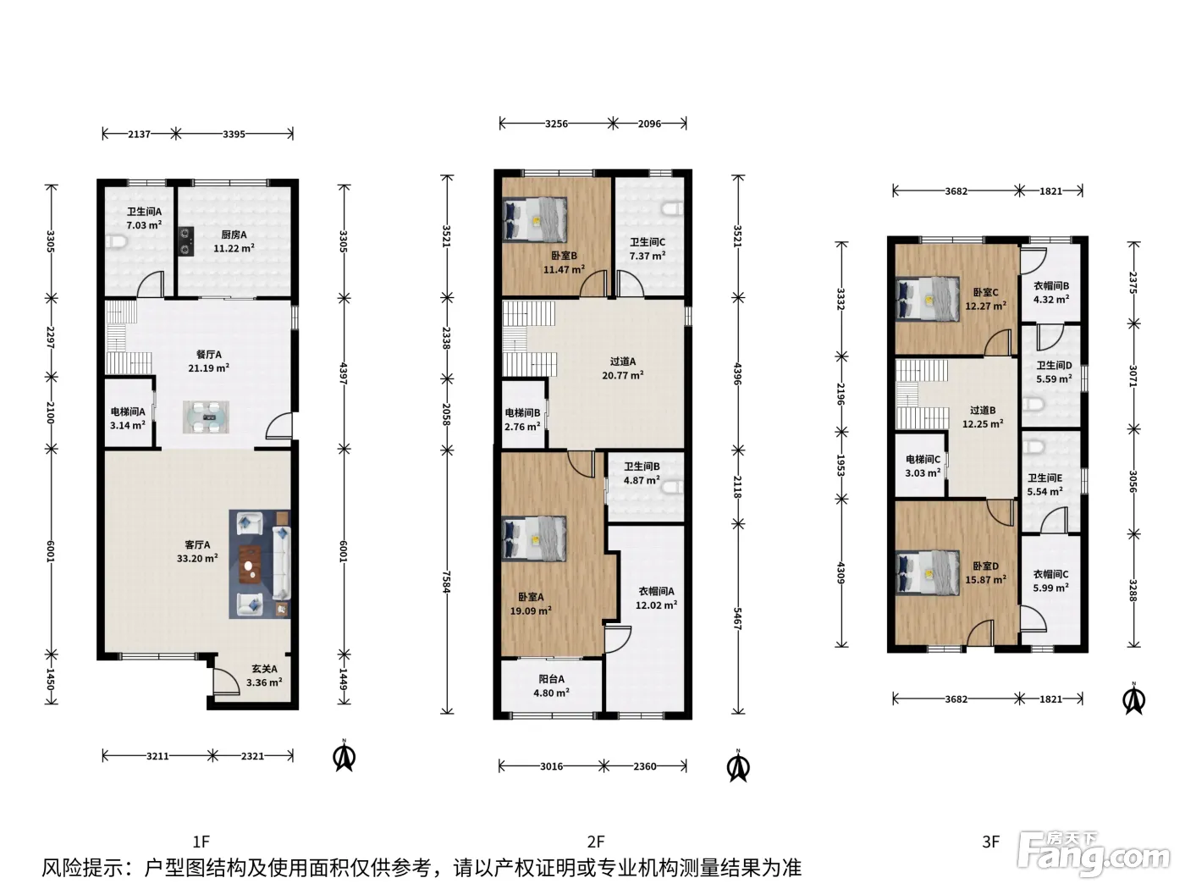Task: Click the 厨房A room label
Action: pos(234,235)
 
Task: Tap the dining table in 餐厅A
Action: pos(206,417)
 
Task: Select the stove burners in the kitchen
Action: pos(186,240)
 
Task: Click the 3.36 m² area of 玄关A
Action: pos(264,682)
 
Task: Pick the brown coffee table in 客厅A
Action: pos(250,565)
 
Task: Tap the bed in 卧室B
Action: pos(534,219)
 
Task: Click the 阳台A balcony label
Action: pos(551,679)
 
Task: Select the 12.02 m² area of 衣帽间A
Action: pos(656,605)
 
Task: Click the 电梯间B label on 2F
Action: pos(522,413)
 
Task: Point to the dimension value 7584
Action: pos(446,582)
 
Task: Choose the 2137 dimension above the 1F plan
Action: pos(140,134)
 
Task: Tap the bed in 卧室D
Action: pos(928,572)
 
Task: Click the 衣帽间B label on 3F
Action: pos(1051,285)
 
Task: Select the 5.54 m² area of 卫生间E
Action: pos(1044,492)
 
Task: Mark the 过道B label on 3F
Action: pos(983,411)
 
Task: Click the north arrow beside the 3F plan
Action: pos(1133,699)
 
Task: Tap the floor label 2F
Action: pos(596,842)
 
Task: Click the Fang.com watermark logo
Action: pos(1094,854)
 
